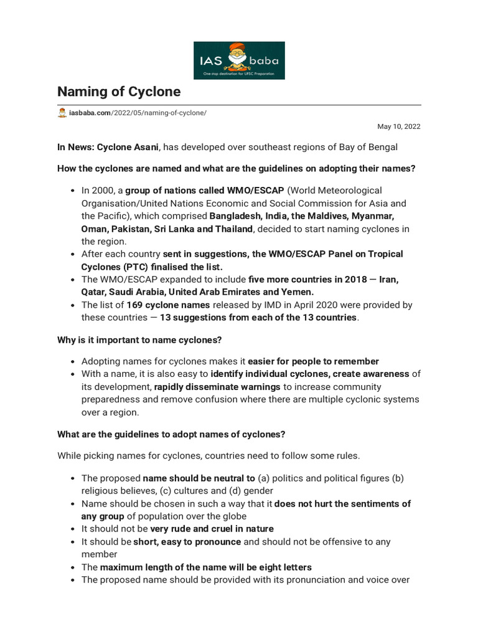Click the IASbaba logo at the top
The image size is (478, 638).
click(239, 60)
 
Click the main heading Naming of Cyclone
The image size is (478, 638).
click(119, 92)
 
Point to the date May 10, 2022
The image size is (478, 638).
click(399, 126)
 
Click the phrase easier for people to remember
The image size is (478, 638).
click(314, 361)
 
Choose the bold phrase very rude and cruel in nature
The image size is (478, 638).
click(212, 529)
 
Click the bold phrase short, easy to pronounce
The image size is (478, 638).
click(187, 541)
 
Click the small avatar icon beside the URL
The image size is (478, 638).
click(62, 113)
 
